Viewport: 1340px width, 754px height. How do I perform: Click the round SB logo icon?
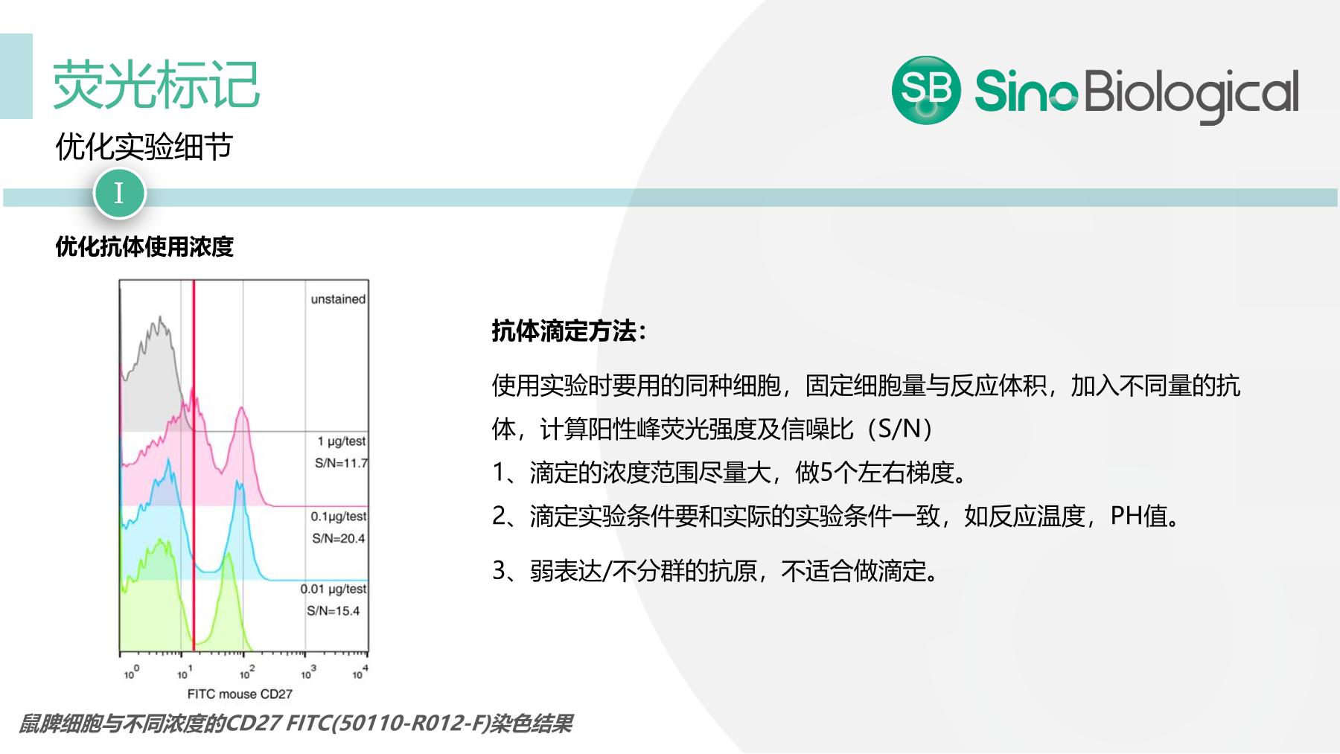point(925,90)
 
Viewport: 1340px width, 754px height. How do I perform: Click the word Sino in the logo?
point(1025,92)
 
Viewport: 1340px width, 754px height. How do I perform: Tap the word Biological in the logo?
point(1191,93)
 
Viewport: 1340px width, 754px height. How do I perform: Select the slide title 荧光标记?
point(156,84)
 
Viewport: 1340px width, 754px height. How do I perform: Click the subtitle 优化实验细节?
point(144,147)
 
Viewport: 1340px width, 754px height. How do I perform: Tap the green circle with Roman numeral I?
point(119,194)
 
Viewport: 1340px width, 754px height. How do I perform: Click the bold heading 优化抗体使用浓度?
point(144,246)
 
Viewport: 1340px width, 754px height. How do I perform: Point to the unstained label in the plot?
point(338,299)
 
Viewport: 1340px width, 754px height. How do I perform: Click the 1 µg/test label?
point(342,441)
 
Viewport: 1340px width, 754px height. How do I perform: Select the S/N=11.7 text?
point(341,463)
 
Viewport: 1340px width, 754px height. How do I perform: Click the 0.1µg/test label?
point(339,517)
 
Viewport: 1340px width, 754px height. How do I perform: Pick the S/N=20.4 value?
point(339,538)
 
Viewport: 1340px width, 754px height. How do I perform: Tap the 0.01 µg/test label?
point(334,589)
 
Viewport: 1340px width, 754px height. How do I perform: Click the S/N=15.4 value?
point(333,611)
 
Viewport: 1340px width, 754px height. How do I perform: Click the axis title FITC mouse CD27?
point(240,694)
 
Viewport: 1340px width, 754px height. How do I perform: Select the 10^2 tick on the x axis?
point(246,673)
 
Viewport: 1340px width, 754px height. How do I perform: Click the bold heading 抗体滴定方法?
point(569,330)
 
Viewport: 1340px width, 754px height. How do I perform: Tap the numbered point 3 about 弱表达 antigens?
point(715,571)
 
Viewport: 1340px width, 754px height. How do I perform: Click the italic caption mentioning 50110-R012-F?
point(296,723)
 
